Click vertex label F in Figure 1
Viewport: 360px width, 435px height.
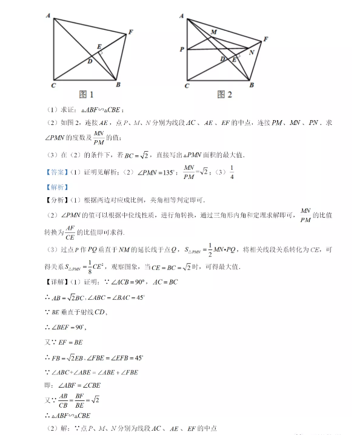pyautogui.click(x=131, y=31)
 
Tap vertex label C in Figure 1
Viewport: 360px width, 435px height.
pyautogui.click(x=53, y=86)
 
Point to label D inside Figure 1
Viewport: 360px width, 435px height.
pyautogui.click(x=90, y=61)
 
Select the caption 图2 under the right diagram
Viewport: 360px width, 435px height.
pyautogui.click(x=224, y=95)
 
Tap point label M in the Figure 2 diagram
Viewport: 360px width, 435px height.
pyautogui.click(x=213, y=32)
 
